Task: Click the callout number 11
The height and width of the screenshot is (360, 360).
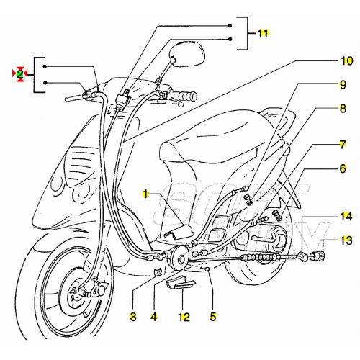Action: (262, 34)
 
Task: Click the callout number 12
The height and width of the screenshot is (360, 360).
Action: (184, 315)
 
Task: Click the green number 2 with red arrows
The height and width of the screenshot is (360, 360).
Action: (20, 73)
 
